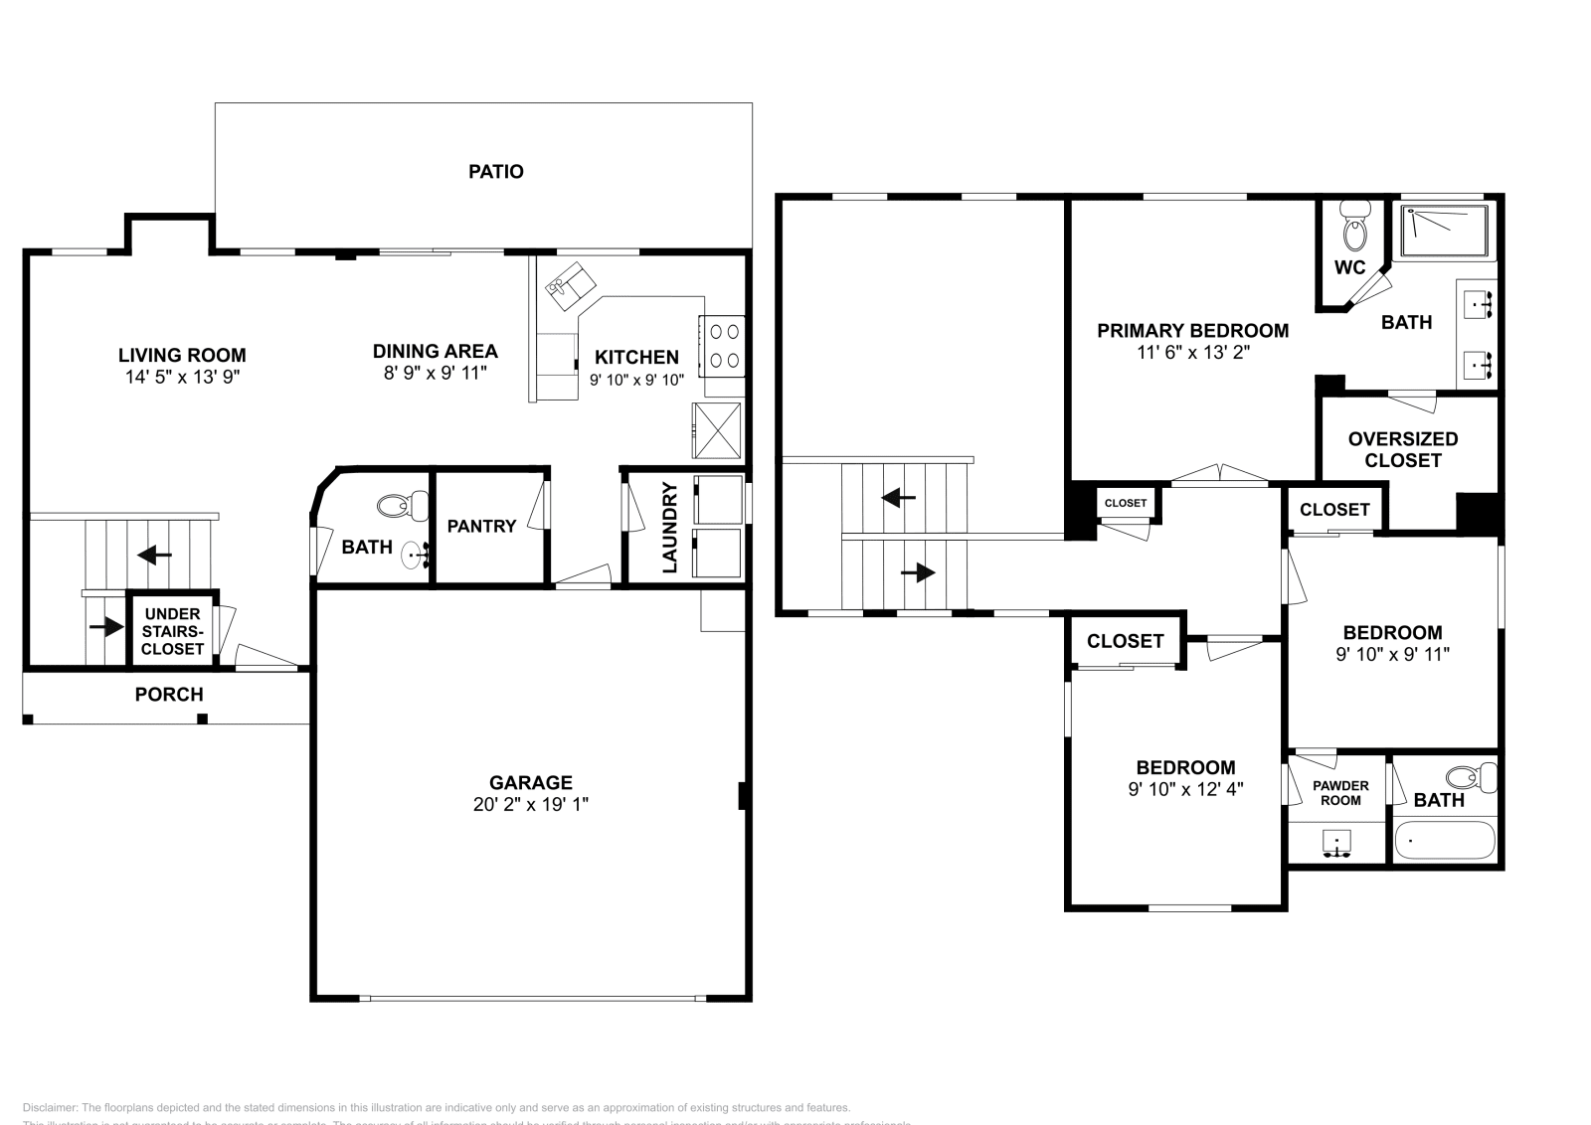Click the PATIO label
(495, 171)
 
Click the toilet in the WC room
(1354, 229)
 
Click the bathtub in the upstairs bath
(1445, 841)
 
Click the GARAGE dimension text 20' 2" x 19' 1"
(531, 804)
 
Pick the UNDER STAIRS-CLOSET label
(172, 631)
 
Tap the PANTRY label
(481, 526)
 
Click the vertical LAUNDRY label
(670, 528)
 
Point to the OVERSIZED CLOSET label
(1402, 449)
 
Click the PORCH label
(169, 695)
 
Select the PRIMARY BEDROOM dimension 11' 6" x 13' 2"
(1192, 352)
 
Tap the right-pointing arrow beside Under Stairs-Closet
(105, 627)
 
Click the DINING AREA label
(435, 351)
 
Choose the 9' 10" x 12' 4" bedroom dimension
(1185, 789)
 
